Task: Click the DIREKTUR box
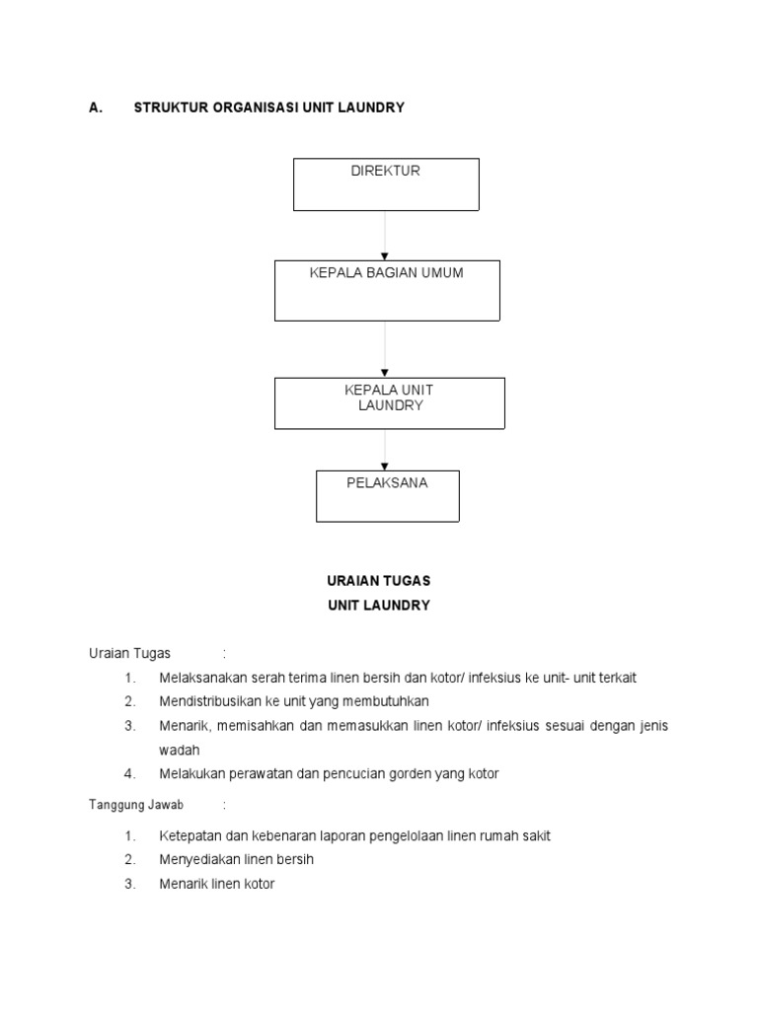[386, 184]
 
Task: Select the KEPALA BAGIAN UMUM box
[387, 290]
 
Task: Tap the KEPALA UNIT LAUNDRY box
[389, 402]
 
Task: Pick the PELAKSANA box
[387, 495]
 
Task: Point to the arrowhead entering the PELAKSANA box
[385, 466]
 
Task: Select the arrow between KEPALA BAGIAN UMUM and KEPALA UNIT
[385, 349]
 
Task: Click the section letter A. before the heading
[96, 108]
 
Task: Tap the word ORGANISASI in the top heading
[251, 108]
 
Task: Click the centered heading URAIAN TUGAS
[379, 581]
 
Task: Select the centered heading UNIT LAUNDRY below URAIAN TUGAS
[379, 606]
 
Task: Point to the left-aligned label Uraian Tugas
[129, 653]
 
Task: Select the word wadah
[179, 750]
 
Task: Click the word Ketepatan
[189, 835]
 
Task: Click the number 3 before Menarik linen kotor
[129, 884]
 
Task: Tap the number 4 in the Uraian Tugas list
[129, 774]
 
